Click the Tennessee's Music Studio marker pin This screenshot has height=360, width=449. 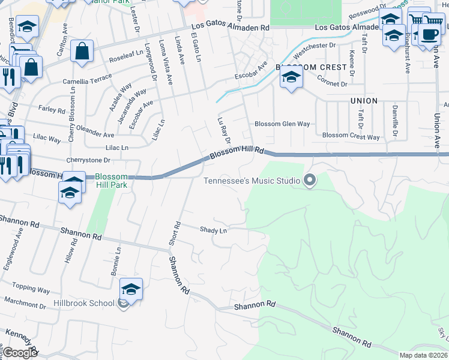(310, 179)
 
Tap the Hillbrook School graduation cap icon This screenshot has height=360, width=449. (131, 290)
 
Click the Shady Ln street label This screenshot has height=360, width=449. (213, 230)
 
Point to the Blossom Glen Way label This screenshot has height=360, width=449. (282, 124)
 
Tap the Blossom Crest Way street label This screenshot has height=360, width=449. (351, 136)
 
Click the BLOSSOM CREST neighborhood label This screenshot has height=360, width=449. (311, 67)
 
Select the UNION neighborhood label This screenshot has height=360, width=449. (364, 101)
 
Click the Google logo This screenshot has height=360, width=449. (20, 353)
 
